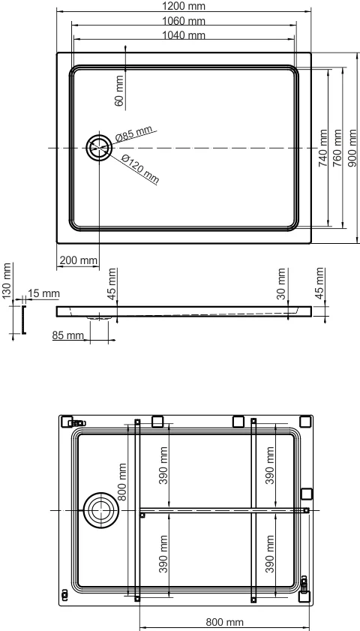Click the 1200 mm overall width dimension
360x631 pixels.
[x=184, y=6]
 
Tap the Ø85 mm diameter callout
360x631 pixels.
[x=135, y=133]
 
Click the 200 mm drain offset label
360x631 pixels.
[x=77, y=260]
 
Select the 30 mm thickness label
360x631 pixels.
[x=281, y=284]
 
